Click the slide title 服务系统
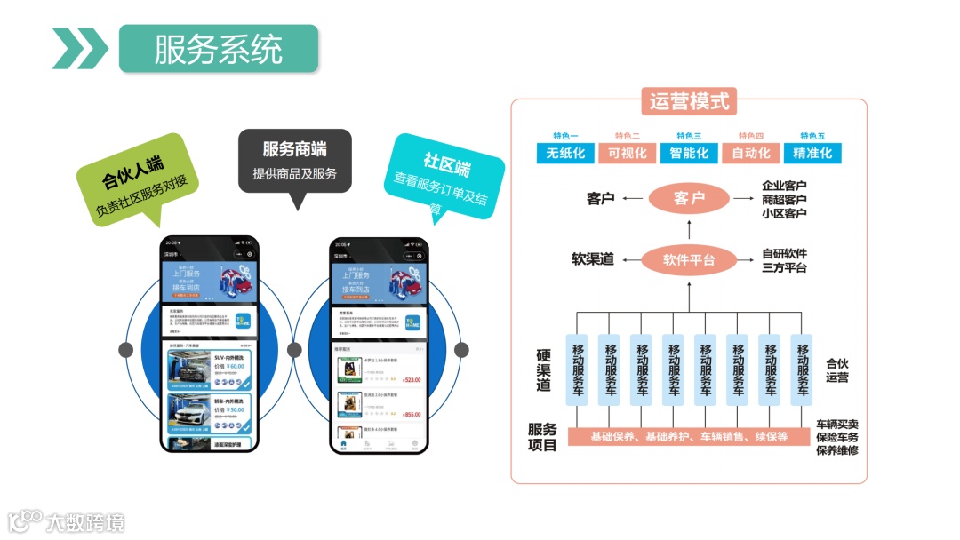click(218, 48)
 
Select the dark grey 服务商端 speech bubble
click(294, 161)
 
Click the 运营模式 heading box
click(688, 101)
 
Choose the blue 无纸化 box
click(565, 153)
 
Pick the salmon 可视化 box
click(628, 153)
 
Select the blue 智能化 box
click(689, 153)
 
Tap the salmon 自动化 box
click(751, 153)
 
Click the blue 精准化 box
click(812, 153)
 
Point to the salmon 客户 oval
click(690, 199)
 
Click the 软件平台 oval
click(689, 260)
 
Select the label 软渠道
click(593, 260)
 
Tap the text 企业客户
click(784, 187)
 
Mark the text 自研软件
click(784, 254)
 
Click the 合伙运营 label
click(836, 370)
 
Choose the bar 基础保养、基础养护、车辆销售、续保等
click(689, 437)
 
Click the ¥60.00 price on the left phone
click(236, 366)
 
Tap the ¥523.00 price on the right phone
click(412, 380)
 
